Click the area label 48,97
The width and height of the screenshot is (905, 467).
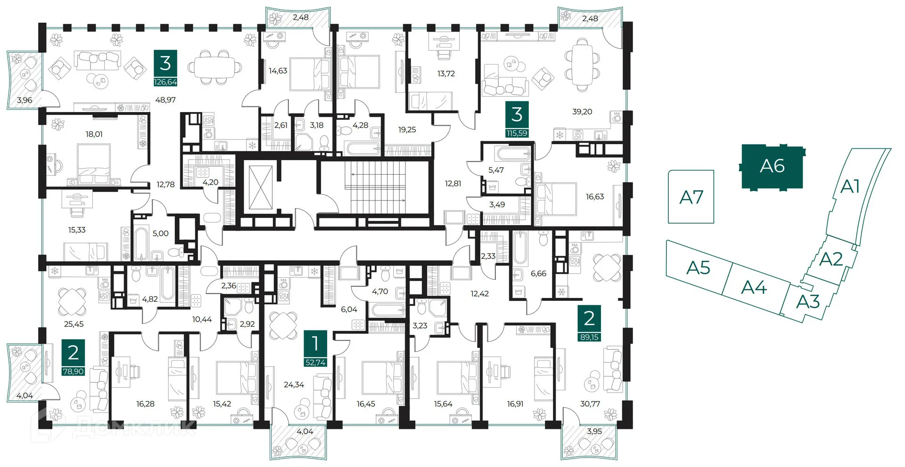pos(165,100)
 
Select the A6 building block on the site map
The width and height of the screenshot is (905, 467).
pos(772,167)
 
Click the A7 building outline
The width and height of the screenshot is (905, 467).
pos(691,197)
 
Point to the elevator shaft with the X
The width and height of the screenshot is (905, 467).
pos(260,187)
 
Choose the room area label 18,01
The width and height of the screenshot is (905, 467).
pos(94,134)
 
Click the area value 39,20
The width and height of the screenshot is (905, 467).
pos(582,112)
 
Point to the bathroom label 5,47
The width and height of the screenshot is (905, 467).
pos(496,170)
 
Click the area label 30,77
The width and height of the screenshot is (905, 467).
pos(590,404)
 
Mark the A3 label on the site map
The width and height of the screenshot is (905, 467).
pos(808,302)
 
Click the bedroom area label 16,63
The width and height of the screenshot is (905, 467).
pos(595,197)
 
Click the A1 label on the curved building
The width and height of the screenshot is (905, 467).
pos(850,187)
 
